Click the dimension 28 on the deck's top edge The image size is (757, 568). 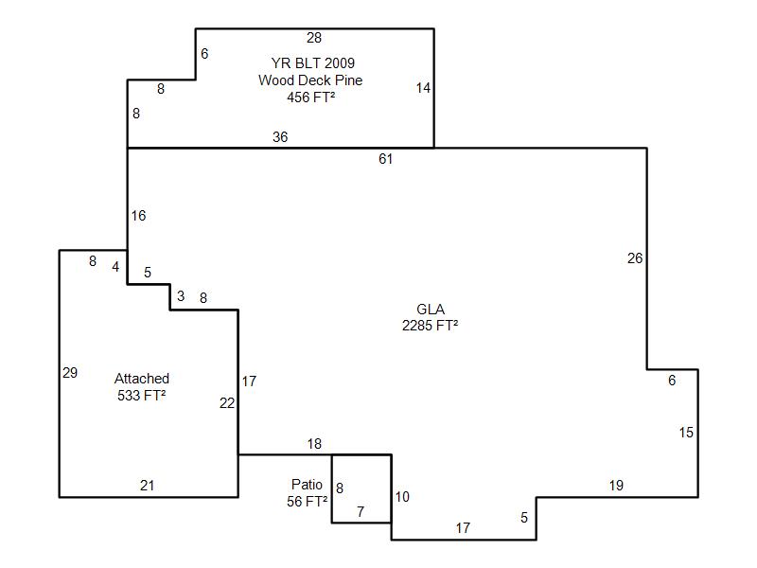[x=314, y=38]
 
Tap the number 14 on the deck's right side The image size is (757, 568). [x=423, y=88]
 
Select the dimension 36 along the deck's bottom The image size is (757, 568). [x=280, y=137]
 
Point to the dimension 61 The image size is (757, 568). [x=385, y=159]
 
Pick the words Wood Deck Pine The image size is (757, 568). [x=310, y=80]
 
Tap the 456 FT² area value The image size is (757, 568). [x=310, y=97]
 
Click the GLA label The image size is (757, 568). [x=431, y=310]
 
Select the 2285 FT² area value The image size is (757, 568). [x=431, y=326]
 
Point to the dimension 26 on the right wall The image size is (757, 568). [x=635, y=257]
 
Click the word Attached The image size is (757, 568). [x=142, y=379]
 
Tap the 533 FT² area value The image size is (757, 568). [x=142, y=396]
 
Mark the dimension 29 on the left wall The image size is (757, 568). [x=70, y=373]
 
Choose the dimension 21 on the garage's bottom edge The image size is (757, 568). [x=148, y=486]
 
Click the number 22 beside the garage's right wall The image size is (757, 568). [x=227, y=403]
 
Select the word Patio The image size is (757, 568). [x=308, y=485]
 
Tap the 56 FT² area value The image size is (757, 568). [x=308, y=502]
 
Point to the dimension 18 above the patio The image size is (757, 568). [x=314, y=444]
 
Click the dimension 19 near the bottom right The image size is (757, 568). [x=616, y=486]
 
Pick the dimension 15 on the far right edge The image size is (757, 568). [x=686, y=433]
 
